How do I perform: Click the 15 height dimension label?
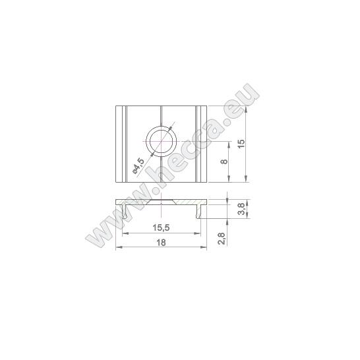pos(241,144)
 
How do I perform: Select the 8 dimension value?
pos(224,162)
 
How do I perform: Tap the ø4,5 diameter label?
pos(138,165)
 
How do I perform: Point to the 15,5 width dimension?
pos(161,227)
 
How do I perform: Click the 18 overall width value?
pos(161,243)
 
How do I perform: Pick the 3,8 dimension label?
pos(241,209)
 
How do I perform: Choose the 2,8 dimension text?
pos(222,239)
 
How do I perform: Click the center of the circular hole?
pos(161,141)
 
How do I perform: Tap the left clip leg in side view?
pos(124,212)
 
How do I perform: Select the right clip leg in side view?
pos(198,212)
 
